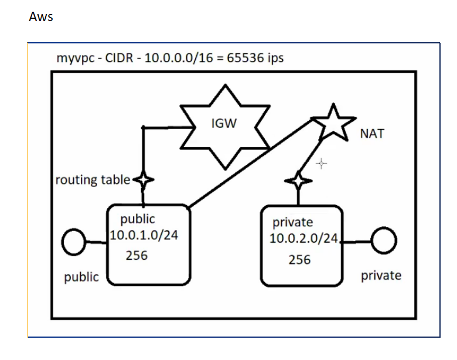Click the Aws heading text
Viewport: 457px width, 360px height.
point(40,16)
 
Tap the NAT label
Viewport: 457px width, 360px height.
point(372,133)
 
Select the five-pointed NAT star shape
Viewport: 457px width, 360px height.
point(332,121)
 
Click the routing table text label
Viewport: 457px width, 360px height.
point(93,179)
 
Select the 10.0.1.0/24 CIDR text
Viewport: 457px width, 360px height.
point(144,235)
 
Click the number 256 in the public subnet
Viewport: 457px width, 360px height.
point(137,256)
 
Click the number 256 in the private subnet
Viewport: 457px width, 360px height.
point(299,259)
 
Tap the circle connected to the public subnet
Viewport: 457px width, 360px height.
point(75,243)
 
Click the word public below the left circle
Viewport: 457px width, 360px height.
point(81,277)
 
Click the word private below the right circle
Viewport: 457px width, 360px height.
point(381,275)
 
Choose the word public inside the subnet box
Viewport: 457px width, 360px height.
point(137,219)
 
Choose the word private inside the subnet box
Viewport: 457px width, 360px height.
point(292,222)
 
